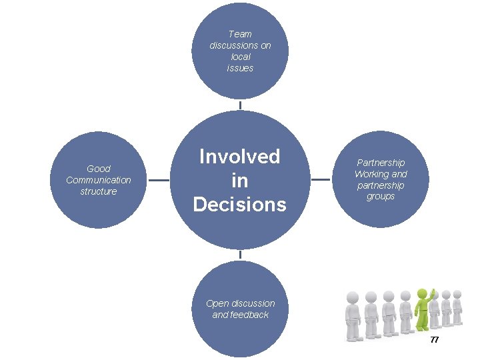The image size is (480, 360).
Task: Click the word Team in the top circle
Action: click(240, 34)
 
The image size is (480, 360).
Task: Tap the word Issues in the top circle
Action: click(240, 68)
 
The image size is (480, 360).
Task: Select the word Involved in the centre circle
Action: click(240, 157)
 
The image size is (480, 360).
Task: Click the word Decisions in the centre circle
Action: click(240, 203)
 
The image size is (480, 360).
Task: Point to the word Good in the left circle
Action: click(99, 169)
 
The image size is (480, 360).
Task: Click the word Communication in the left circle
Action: click(99, 180)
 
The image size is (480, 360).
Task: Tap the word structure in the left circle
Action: click(99, 191)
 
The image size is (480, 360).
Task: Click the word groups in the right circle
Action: click(381, 197)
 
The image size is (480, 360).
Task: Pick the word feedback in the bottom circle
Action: click(249, 315)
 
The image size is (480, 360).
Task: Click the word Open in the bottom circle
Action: click(217, 303)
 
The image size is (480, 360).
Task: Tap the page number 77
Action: click(435, 340)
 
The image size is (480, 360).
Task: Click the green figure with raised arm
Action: click(423, 310)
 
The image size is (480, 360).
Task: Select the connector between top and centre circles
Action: click(240, 105)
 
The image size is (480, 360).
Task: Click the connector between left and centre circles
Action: click(158, 180)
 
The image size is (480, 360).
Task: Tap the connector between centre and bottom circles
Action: click(240, 255)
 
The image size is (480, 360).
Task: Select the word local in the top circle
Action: click(240, 57)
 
